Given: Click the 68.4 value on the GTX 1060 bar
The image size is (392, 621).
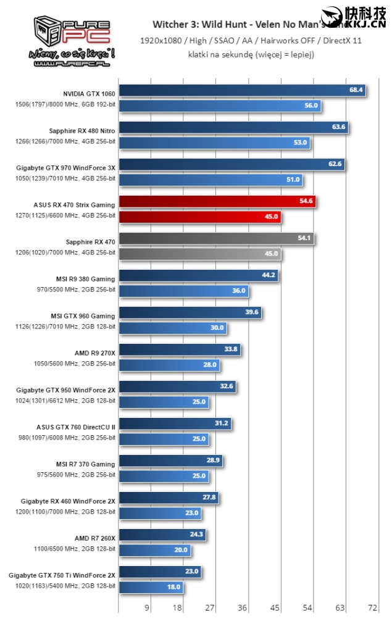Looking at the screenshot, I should pyautogui.click(x=356, y=91).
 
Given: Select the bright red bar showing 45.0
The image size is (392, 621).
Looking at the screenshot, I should pyautogui.click(x=199, y=217).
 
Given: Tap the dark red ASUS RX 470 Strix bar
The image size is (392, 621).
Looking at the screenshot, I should pyautogui.click(x=217, y=202).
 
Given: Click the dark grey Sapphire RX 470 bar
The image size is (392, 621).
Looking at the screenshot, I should pyautogui.click(x=215, y=239).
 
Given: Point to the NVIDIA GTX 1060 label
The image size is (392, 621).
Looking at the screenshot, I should pyautogui.click(x=89, y=93).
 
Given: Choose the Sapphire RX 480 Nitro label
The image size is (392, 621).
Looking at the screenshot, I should pyautogui.click(x=82, y=130).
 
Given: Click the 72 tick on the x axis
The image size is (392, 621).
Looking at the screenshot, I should pyautogui.click(x=372, y=608).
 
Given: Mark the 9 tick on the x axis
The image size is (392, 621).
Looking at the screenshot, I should pyautogui.click(x=147, y=608).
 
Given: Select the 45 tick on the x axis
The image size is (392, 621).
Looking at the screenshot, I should pyautogui.click(x=275, y=608).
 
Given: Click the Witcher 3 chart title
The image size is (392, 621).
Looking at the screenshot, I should pyautogui.click(x=247, y=25).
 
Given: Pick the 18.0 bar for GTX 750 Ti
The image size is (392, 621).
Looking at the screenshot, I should pyautogui.click(x=151, y=587).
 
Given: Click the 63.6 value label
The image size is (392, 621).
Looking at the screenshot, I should pyautogui.click(x=338, y=128).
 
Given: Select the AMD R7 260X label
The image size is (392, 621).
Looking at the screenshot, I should pyautogui.click(x=95, y=538).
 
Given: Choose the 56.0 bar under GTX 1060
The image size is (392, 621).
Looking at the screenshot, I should pyautogui.click(x=219, y=106).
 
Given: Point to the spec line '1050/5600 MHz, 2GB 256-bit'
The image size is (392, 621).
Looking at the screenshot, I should pyautogui.click(x=74, y=364).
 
